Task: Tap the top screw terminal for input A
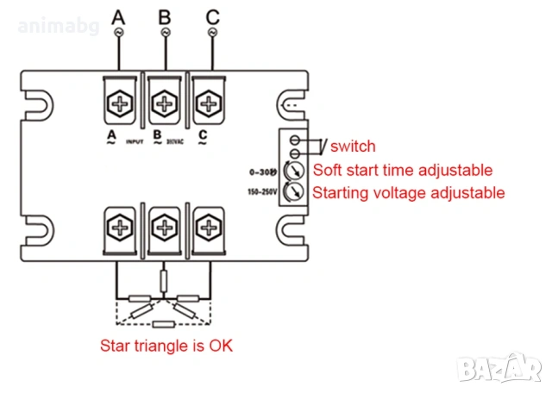[x=118, y=103]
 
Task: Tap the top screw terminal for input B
[x=164, y=103]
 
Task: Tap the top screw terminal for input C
[x=208, y=103]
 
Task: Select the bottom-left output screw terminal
[x=118, y=229]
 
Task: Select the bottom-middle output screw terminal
[x=164, y=229]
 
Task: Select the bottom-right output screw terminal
[x=208, y=229]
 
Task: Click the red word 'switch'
[x=353, y=147]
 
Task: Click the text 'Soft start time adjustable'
[x=403, y=170]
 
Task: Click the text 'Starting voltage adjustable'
[x=408, y=193]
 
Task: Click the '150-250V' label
[x=261, y=191]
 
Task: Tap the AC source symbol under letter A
[x=118, y=32]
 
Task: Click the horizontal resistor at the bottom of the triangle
[x=164, y=325]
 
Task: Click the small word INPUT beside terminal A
[x=134, y=140]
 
